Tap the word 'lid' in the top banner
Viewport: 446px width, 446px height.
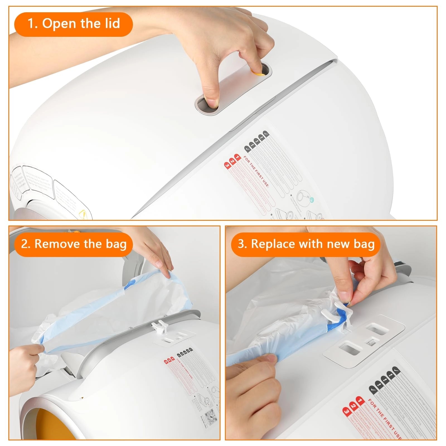coord(112,23)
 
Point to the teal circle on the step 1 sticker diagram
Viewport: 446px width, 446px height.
coord(312,200)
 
